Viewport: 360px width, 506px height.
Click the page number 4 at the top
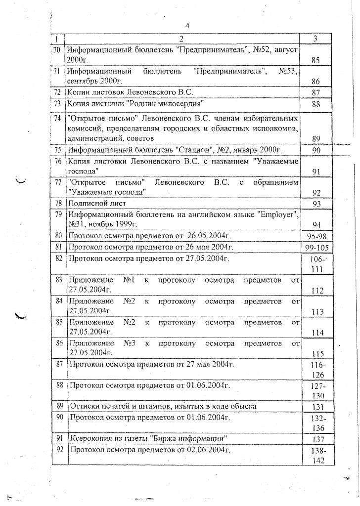(x=187, y=26)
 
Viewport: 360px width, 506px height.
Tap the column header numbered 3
(x=315, y=39)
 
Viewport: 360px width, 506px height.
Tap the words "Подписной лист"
(x=98, y=203)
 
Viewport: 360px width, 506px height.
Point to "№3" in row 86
(x=129, y=343)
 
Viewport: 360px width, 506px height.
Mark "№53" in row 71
(x=287, y=71)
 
